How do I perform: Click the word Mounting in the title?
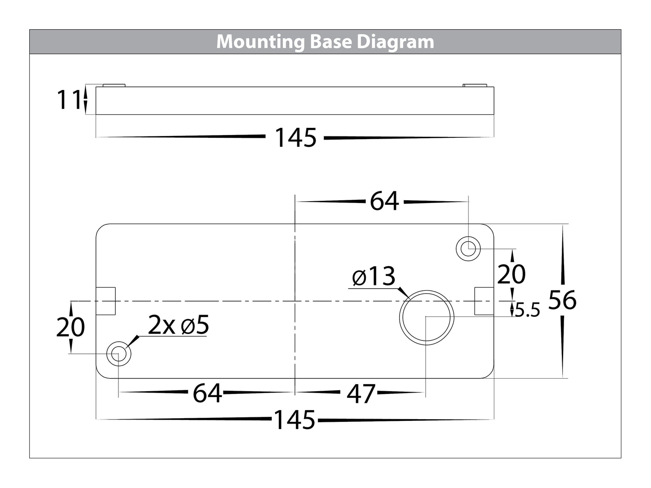coord(261,42)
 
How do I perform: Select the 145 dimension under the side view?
coord(296,138)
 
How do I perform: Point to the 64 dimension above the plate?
coord(384,201)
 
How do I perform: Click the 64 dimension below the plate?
coord(207,393)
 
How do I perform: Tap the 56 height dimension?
coord(562,300)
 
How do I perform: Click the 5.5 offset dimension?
coord(527,311)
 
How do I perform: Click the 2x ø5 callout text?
coord(179,325)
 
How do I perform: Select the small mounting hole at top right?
coord(469,248)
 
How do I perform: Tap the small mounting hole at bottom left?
coord(118,354)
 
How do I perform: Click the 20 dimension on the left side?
coord(70,327)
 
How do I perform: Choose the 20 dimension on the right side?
coord(511,274)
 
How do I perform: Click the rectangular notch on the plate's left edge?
coord(106,301)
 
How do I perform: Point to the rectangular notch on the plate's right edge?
coord(484,301)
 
